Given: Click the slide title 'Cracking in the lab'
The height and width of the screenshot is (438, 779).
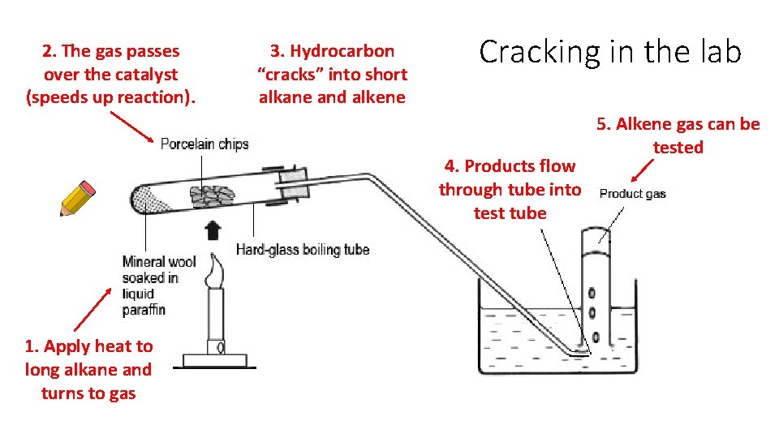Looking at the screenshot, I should [x=610, y=52].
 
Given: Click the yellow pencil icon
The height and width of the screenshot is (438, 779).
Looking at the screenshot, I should [x=77, y=199].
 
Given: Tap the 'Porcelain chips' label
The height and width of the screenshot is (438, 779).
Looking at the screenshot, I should [x=204, y=144].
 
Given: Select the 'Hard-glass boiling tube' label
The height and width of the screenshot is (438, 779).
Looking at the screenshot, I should [x=303, y=249].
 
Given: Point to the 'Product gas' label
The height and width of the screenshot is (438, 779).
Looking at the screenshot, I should [x=632, y=193].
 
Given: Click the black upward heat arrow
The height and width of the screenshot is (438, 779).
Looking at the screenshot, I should [x=213, y=230].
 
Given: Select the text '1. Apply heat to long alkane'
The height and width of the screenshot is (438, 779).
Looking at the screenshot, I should [x=88, y=358].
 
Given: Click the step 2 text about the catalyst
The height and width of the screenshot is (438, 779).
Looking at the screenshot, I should [x=111, y=74].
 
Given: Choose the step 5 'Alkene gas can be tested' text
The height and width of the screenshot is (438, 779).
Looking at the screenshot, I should [x=678, y=135].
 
